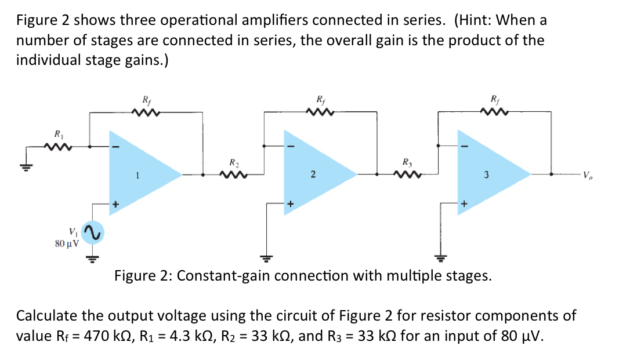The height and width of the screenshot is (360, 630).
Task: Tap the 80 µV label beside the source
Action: tap(67, 243)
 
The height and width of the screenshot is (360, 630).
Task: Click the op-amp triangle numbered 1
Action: tap(142, 173)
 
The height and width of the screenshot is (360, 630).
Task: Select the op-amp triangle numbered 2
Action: tap(317, 173)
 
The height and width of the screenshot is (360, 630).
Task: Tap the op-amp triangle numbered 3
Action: tap(491, 173)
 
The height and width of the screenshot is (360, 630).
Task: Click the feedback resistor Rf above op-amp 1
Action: tap(145, 112)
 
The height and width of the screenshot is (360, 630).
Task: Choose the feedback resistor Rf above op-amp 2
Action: tap(320, 112)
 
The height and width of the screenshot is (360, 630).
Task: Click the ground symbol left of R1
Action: tap(25, 165)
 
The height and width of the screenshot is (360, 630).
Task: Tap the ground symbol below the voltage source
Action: tap(90, 259)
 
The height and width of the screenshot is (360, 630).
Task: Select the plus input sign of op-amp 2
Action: tap(290, 204)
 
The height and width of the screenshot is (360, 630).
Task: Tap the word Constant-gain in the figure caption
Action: tap(223, 275)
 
